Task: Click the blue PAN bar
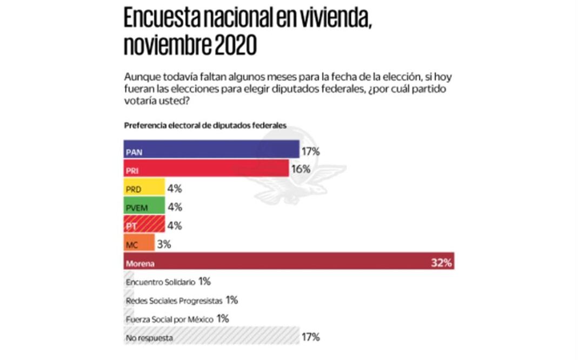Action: coord(211,150)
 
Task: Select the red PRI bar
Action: coord(205,169)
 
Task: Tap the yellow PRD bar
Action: coord(144,188)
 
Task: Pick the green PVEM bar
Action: coord(144,206)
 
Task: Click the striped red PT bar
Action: coord(144,225)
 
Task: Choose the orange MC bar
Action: coord(139,244)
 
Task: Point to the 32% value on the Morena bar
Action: coord(441,264)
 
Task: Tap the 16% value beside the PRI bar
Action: coord(301,169)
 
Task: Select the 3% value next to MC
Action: coord(164,244)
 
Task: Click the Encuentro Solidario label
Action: coord(160,282)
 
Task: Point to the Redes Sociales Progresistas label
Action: coord(174,301)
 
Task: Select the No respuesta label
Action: coord(149,338)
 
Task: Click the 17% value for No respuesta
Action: coord(311,338)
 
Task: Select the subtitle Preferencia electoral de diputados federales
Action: coord(205,125)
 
